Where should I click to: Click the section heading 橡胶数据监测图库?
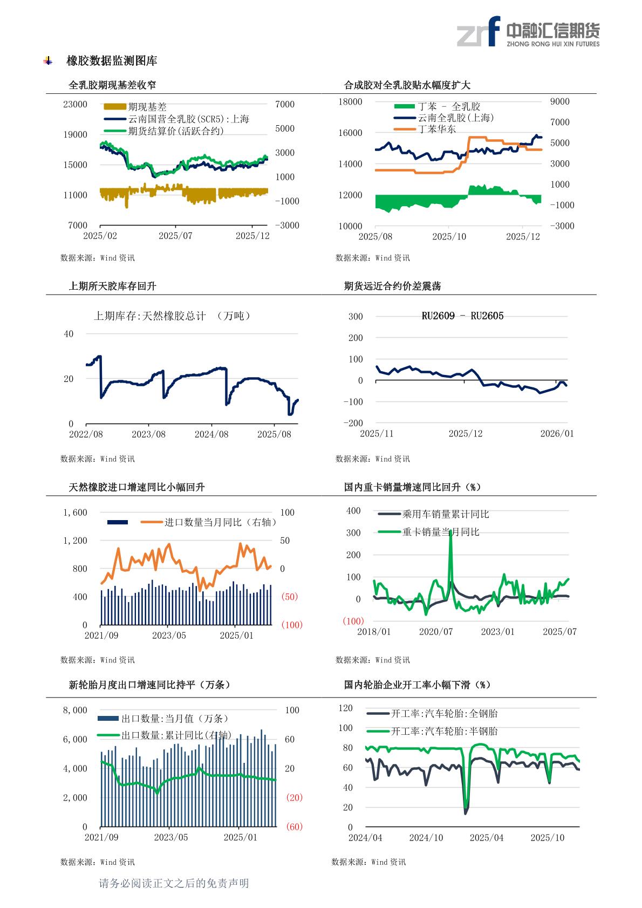[x=112, y=61]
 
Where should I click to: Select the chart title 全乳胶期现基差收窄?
[x=113, y=85]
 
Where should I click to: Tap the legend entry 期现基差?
[x=147, y=107]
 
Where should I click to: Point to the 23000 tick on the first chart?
[x=75, y=104]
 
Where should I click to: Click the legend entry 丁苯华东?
[x=436, y=129]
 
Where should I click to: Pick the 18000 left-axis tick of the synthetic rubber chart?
[x=350, y=101]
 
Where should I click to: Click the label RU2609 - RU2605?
[x=462, y=316]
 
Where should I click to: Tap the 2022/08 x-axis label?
[x=86, y=434]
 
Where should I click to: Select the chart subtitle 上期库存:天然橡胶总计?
[x=150, y=316]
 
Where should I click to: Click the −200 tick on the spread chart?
[x=353, y=423]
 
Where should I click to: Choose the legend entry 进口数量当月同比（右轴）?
[x=221, y=522]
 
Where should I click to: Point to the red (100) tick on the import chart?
[x=292, y=625]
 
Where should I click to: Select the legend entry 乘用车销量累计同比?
[x=446, y=514]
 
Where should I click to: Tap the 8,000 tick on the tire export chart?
[x=75, y=710]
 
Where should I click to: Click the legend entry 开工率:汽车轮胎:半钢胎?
[x=444, y=731]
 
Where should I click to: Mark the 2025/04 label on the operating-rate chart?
[x=487, y=837]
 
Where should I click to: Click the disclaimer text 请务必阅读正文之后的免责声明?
[x=174, y=883]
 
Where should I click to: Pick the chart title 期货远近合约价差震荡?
[x=392, y=286]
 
